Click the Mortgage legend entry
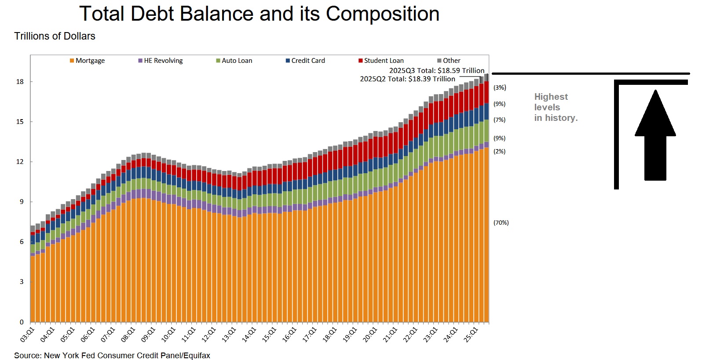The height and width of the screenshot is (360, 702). [x=87, y=61]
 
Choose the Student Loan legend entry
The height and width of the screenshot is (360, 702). [x=381, y=61]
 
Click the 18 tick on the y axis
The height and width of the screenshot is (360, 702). [x=20, y=82]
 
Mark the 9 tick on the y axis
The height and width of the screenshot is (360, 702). [x=22, y=202]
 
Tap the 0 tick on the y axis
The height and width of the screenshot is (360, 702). [x=22, y=322]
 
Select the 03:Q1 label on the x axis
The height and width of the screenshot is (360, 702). [x=27, y=335]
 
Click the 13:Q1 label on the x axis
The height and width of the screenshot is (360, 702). [x=229, y=335]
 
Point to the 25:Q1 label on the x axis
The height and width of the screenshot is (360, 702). [x=471, y=335]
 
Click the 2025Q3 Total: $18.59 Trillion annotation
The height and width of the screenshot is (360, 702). [x=437, y=70]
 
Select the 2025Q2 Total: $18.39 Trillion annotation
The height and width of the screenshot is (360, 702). [x=407, y=79]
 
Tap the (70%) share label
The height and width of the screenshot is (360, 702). [x=501, y=223]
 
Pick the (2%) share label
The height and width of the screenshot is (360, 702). [x=500, y=151]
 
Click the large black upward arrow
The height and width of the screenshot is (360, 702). [x=655, y=136]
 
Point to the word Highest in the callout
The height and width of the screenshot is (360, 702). [x=551, y=97]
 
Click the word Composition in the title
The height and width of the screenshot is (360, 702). [x=383, y=14]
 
